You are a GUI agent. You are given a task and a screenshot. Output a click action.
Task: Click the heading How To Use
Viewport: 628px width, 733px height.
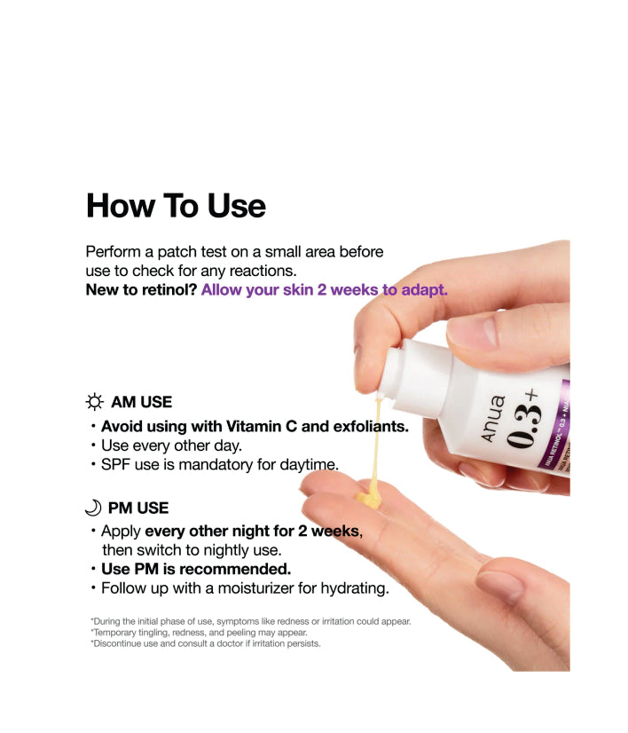176,206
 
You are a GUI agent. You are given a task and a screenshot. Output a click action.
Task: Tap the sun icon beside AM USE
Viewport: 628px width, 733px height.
95,402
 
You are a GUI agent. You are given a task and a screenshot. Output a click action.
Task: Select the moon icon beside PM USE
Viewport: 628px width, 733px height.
93,508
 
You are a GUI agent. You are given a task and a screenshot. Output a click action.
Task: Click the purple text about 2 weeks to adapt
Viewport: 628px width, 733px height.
324,290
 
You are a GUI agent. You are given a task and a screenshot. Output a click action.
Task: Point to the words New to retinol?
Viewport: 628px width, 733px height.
140,290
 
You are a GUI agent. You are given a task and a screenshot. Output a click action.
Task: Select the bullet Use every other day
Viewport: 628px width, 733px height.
170,445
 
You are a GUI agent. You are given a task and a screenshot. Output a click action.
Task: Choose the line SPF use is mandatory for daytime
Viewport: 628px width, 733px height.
219,464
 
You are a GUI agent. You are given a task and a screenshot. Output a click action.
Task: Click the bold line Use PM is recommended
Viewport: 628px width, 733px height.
195,569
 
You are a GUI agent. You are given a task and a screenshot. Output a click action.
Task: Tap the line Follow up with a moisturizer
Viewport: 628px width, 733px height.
244,587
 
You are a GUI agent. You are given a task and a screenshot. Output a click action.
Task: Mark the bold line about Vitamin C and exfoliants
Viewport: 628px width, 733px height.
254,427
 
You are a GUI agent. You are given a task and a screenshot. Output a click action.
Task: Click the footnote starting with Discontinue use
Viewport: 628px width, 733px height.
205,644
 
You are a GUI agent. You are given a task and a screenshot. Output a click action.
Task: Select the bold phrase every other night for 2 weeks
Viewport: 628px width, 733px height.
253,532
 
